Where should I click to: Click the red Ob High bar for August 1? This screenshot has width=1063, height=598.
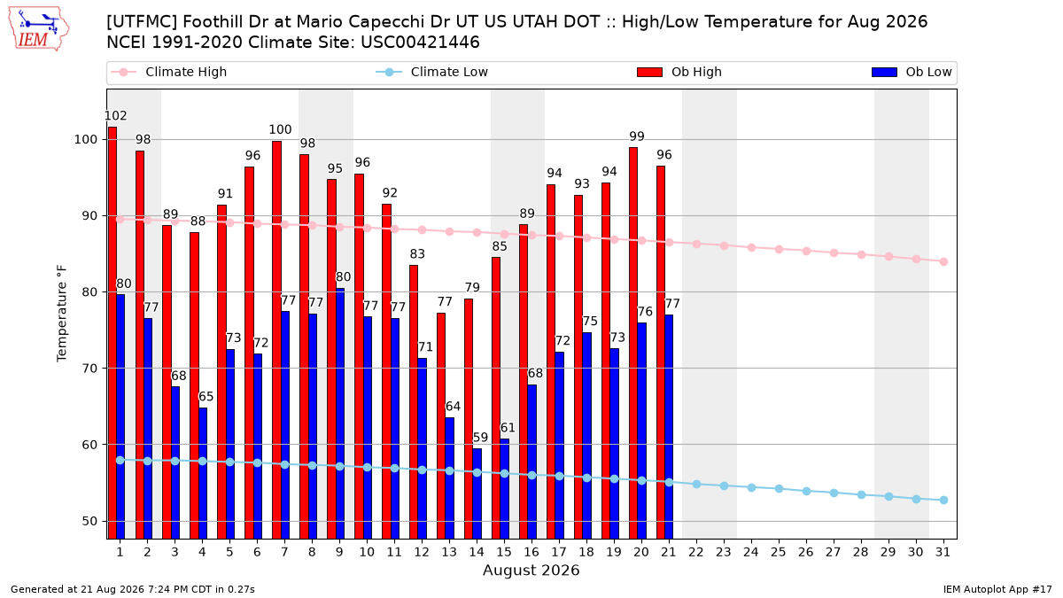click(113, 333)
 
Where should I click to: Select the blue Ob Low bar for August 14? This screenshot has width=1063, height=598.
click(477, 493)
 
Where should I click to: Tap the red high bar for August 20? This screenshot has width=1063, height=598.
click(633, 343)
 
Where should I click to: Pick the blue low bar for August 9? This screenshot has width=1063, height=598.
click(340, 414)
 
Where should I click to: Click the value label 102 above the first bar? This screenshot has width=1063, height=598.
click(115, 116)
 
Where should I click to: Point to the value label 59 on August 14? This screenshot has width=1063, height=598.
click(480, 437)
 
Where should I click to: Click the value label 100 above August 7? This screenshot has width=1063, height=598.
click(280, 129)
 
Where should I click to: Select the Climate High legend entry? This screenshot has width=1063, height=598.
click(168, 72)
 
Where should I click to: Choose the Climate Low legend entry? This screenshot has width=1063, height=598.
click(432, 72)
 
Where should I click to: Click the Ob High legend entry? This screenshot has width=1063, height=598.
click(679, 72)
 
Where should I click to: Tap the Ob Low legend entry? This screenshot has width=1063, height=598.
click(912, 72)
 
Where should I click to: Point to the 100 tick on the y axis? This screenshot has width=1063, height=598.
click(85, 140)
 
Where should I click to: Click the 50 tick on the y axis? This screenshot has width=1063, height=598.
click(89, 521)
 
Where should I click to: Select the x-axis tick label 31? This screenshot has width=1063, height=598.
click(943, 552)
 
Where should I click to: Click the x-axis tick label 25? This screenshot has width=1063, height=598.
click(779, 552)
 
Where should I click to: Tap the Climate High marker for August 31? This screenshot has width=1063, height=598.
click(943, 261)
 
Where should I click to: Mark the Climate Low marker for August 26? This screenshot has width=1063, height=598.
click(806, 491)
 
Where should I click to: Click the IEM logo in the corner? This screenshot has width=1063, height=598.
click(39, 29)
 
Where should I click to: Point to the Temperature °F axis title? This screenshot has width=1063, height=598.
click(62, 314)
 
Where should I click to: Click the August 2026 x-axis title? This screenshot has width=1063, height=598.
click(531, 570)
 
